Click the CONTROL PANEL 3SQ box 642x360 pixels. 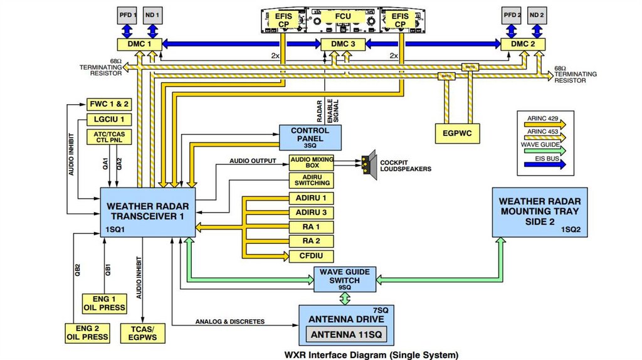[x=310, y=137]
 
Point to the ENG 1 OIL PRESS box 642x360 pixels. [x=104, y=304]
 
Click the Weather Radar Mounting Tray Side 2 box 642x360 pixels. [x=539, y=212]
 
